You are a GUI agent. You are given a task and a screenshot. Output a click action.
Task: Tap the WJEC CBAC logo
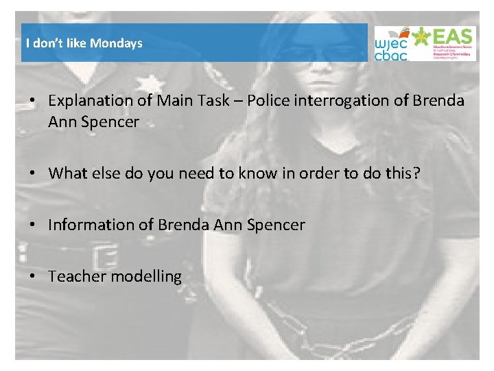(391, 43)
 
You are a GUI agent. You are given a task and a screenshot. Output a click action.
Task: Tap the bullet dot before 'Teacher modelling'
(33, 276)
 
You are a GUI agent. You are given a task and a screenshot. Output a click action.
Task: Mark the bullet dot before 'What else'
(33, 173)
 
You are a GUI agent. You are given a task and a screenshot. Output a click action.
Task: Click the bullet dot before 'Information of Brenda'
(33, 225)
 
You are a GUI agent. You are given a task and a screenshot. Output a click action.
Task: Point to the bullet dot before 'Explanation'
(33, 101)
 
